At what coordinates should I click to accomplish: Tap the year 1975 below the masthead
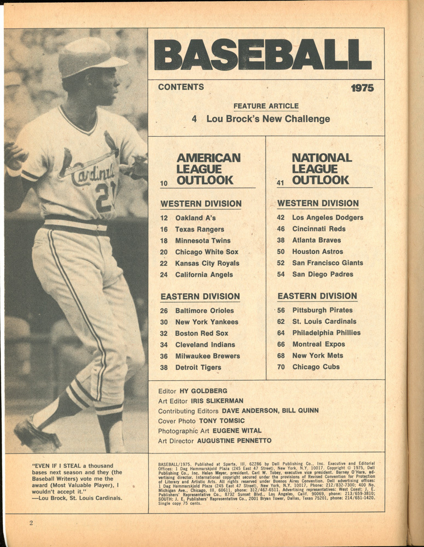point(362,88)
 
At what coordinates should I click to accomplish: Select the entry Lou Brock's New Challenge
point(268,119)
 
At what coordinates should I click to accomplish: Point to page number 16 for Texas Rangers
point(164,229)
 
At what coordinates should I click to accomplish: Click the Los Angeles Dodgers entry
point(327,217)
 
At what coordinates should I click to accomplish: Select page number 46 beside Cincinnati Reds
point(281,229)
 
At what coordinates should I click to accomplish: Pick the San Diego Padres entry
point(322,274)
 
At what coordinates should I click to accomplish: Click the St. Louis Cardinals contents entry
point(324,321)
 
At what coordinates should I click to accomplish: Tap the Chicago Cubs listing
point(316,367)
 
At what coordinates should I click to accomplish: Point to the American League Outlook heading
point(208,168)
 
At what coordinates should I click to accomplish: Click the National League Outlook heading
point(320,168)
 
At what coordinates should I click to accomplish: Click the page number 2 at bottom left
point(31,523)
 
